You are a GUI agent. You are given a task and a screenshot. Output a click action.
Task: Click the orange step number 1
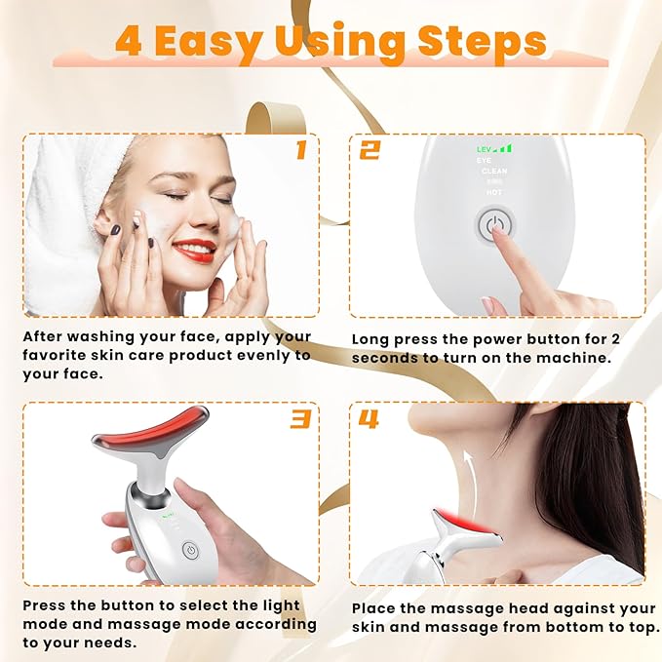coord(300,150)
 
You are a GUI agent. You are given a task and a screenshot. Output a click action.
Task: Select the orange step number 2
coord(369,150)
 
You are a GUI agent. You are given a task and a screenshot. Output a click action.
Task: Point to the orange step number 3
coord(300,419)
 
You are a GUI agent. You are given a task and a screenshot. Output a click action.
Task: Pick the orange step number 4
coord(369,419)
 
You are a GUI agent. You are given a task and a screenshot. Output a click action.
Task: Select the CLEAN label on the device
coord(493,171)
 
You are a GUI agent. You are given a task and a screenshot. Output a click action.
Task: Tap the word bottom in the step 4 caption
coord(547,627)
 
